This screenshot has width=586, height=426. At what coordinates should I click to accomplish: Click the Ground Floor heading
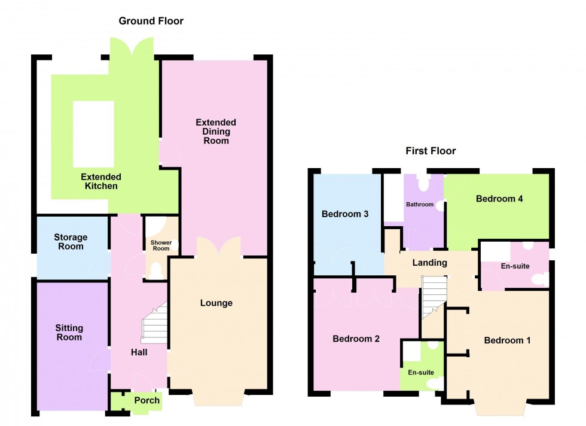151,21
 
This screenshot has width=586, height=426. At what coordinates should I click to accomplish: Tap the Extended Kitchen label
101,181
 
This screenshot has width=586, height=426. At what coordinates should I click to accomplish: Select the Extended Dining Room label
216,132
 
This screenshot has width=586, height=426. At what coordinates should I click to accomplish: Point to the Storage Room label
71,242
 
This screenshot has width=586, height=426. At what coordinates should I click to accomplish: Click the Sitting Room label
69,333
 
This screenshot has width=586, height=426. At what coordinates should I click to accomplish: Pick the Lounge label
216,303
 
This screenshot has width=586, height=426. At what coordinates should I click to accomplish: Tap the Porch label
146,400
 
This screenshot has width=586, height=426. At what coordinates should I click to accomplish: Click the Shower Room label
161,246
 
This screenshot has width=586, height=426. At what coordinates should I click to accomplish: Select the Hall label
139,352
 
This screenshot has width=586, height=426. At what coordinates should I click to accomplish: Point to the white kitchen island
93,134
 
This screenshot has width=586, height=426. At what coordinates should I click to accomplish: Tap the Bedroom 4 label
499,199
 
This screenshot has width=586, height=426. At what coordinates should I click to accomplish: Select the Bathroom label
420,205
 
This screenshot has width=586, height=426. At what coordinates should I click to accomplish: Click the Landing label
429,263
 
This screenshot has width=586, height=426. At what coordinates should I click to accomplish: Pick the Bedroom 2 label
356,339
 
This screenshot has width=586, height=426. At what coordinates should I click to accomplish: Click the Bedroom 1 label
507,340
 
